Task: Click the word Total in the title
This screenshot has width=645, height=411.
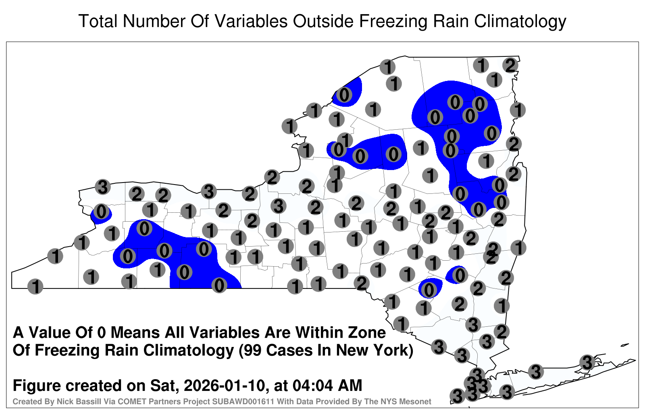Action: click(x=98, y=21)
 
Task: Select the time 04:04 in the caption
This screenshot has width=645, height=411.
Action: click(x=312, y=385)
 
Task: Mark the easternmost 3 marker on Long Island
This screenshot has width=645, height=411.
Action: click(x=587, y=362)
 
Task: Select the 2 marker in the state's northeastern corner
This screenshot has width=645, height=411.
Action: click(x=510, y=66)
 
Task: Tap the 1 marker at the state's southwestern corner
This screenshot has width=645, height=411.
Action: click(x=35, y=286)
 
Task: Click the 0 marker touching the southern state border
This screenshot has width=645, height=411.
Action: click(x=219, y=286)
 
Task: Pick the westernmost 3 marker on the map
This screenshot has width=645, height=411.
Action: click(x=103, y=187)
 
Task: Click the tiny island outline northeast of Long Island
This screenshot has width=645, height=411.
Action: click(x=624, y=345)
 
